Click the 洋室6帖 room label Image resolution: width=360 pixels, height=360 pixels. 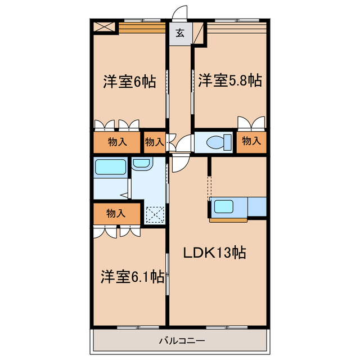tap(129, 82)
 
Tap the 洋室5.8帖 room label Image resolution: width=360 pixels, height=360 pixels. tap(229, 80)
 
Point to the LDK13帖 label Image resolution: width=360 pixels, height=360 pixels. tap(215, 253)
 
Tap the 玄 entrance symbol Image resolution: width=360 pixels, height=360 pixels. tap(179, 33)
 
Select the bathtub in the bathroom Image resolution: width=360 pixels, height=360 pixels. tap(110, 167)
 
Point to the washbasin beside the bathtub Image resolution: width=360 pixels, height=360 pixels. tap(141, 163)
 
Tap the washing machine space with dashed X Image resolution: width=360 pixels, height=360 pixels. tap(155, 215)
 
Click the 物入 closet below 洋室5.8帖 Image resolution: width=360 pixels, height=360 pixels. tap(251, 141)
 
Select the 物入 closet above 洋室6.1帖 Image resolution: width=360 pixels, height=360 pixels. tap(116, 213)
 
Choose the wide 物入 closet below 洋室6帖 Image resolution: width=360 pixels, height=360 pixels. tap(116, 142)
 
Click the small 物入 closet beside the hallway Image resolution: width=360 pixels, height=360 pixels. tap(154, 142)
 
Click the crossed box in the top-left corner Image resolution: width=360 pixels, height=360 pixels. tap(105, 26)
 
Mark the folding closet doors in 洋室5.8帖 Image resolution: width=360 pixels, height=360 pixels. tap(251, 123)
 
